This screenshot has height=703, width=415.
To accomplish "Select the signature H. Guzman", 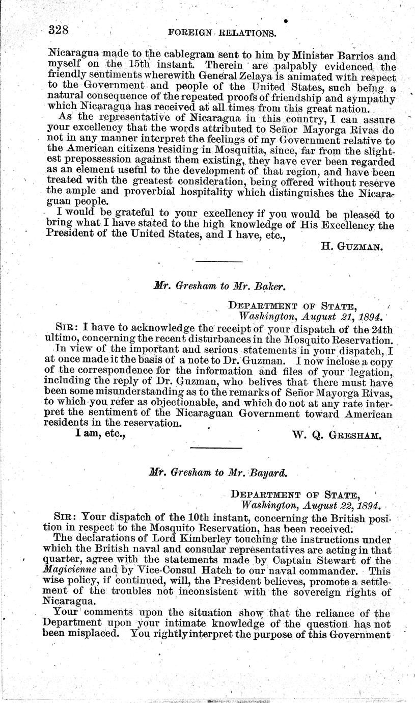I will [x=352, y=248].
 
